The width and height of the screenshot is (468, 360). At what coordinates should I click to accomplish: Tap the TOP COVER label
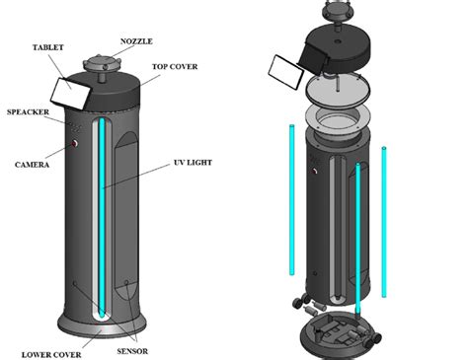[x=175, y=68]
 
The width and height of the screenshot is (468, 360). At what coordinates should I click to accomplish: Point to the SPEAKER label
[x=27, y=111]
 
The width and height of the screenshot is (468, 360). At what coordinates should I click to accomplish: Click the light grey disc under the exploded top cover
[x=340, y=95]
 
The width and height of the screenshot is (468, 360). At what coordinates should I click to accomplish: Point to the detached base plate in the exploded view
[x=339, y=329]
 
